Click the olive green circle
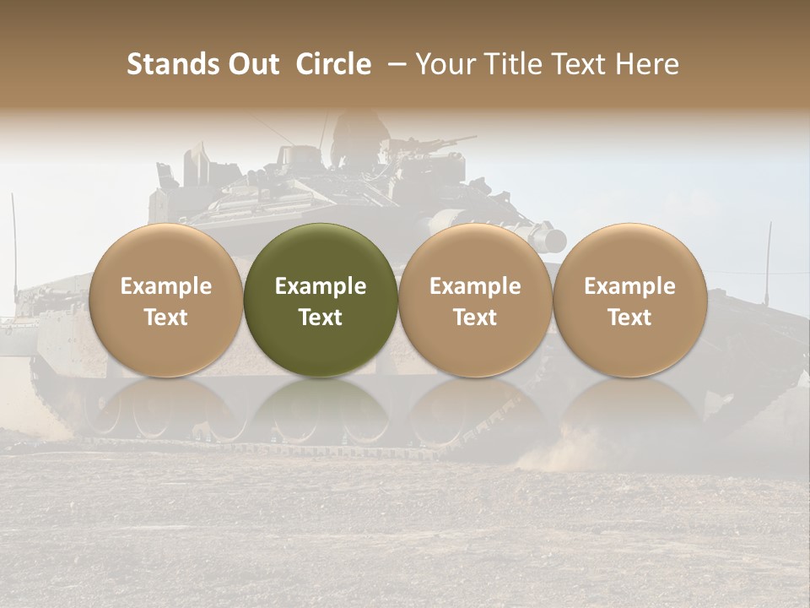point(321,301)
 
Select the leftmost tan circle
point(166,301)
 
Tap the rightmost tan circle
point(629,301)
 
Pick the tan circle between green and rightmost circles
point(475,301)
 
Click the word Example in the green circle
point(321,286)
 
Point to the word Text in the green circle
point(321,318)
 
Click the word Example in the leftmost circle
point(166,286)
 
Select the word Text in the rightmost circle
point(629,318)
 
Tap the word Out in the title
point(252,64)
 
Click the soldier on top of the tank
point(353,135)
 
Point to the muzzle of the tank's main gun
point(553,239)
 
